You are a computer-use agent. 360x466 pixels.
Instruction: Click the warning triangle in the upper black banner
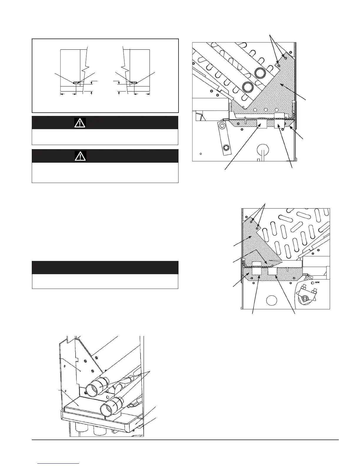coord(80,123)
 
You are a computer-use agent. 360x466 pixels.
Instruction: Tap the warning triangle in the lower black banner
coord(80,156)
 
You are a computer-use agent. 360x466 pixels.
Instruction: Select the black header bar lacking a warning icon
coord(105,267)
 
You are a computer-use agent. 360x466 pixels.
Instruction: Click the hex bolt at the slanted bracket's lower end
coord(226,147)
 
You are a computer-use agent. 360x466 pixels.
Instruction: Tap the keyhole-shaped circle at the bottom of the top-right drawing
coord(262,150)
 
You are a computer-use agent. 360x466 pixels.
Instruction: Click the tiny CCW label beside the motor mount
coord(317,282)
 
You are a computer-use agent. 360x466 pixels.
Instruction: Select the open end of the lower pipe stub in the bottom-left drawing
coord(109,408)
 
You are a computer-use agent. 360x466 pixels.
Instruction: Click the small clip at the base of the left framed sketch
coord(76,83)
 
